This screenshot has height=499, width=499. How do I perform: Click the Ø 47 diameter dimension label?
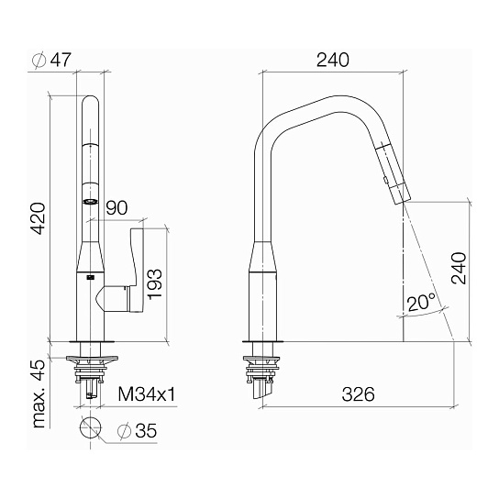pos(52,60)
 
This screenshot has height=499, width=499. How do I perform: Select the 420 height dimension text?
pos(39,218)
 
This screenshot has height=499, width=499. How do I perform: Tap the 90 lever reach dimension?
pos(116,208)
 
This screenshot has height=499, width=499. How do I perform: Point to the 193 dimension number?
pos(155,283)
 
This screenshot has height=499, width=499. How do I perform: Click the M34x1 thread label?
pos(147,394)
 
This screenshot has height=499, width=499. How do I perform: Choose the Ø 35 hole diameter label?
pos(137,431)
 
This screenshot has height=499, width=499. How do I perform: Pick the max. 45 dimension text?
pos(39,394)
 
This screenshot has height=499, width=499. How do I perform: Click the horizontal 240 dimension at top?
pos(333,60)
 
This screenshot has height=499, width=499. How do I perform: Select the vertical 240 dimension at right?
pos(459,268)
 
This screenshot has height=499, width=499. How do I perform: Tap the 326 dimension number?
pos(358,394)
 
